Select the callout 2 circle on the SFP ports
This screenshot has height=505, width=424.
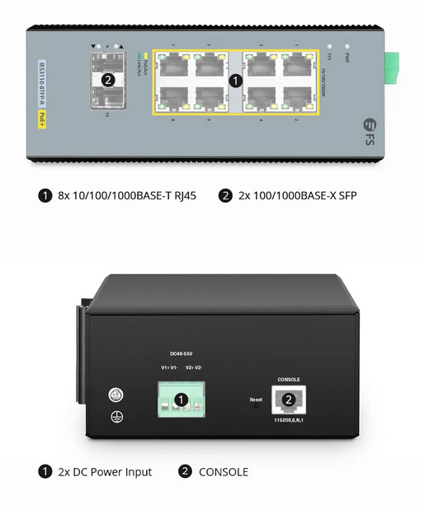(x=106, y=80)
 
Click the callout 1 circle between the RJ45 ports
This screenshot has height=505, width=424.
(x=234, y=81)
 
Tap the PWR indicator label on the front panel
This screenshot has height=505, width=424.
(x=346, y=58)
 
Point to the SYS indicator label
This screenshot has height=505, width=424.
(x=329, y=58)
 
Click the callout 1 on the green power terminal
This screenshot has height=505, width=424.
(x=181, y=400)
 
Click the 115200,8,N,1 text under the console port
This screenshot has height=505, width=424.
(x=289, y=420)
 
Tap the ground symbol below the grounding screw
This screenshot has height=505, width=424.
(x=117, y=418)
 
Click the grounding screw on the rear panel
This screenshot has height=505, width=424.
(x=117, y=395)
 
